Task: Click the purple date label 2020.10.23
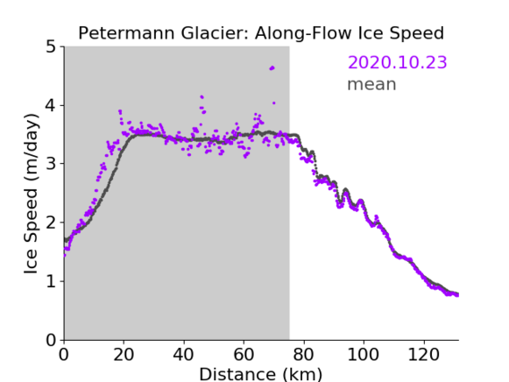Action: (397, 62)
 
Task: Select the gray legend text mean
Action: (372, 84)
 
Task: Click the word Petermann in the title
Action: (126, 33)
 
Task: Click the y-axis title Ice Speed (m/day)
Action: (31, 194)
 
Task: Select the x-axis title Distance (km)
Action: (261, 374)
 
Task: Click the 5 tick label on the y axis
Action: (51, 47)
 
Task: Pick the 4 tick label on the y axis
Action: (51, 105)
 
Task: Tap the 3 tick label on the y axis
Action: (51, 164)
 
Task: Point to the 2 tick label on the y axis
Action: (51, 222)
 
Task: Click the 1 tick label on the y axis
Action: (51, 281)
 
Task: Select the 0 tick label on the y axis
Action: (51, 340)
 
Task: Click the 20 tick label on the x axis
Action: (124, 354)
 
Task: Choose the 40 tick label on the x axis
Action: (184, 354)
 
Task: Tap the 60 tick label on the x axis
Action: (244, 354)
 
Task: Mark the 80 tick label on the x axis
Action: (304, 354)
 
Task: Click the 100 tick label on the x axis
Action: (363, 354)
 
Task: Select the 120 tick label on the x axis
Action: (424, 354)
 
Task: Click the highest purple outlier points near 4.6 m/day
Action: (272, 68)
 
